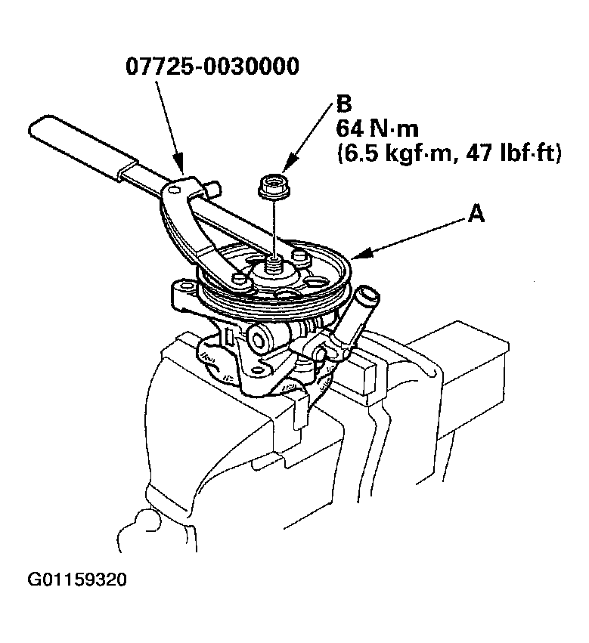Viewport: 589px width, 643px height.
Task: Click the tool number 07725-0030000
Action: coord(212,66)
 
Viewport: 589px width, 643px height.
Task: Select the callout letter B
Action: coord(343,103)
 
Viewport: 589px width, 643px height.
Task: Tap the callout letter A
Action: coord(475,215)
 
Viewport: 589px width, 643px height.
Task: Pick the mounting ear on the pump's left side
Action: coord(181,291)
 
